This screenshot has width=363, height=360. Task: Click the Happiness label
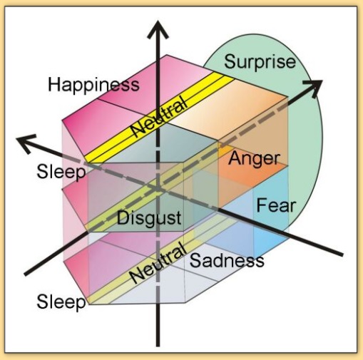coord(93,85)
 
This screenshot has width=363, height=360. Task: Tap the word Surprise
coord(260,61)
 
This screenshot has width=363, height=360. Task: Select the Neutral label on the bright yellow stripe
coord(159,116)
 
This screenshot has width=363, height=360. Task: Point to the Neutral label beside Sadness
coord(158,262)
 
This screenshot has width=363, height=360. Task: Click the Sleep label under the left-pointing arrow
coord(61,172)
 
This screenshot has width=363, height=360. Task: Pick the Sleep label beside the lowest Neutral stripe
coord(61,302)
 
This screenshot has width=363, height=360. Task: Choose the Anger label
coord(254,159)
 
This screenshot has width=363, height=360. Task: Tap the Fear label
coord(276,205)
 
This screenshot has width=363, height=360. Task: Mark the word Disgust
coord(149,218)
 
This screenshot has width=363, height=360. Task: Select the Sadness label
coord(227,260)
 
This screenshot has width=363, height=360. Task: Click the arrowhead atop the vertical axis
coord(158,29)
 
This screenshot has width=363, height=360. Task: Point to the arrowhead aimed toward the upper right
coord(313,88)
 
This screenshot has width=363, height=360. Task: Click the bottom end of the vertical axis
coord(158,346)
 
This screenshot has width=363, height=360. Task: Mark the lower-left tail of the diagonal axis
coord(25,274)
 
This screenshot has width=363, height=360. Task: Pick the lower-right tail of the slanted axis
coord(342,254)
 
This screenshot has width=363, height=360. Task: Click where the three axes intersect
coord(158,189)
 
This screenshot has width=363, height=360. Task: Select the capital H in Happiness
coord(54,84)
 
